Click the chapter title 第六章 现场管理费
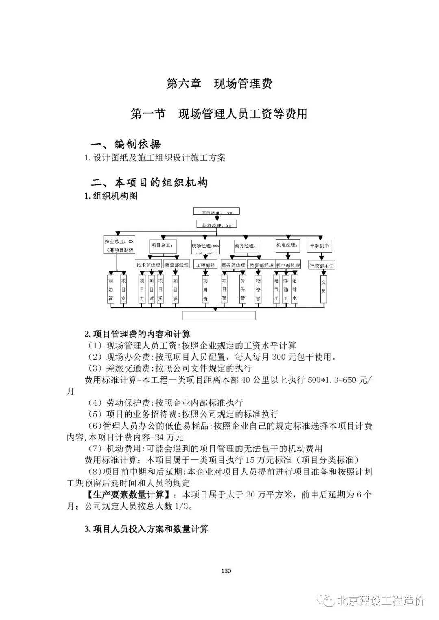(x=219, y=84)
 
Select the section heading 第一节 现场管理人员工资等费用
(x=219, y=114)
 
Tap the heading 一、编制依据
(x=126, y=144)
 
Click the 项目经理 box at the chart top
(x=216, y=212)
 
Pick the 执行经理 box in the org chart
(x=216, y=225)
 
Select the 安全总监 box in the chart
(x=119, y=246)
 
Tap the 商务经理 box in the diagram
(x=246, y=246)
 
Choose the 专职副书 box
(x=320, y=246)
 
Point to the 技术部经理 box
(x=148, y=265)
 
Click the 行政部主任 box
(x=322, y=265)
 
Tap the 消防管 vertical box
(x=111, y=289)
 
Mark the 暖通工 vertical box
(x=285, y=289)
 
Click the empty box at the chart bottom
(x=219, y=315)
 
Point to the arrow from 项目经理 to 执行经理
(x=216, y=218)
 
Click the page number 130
(x=226, y=571)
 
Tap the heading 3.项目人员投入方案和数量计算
(x=146, y=529)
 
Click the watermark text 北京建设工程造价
(x=380, y=601)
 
